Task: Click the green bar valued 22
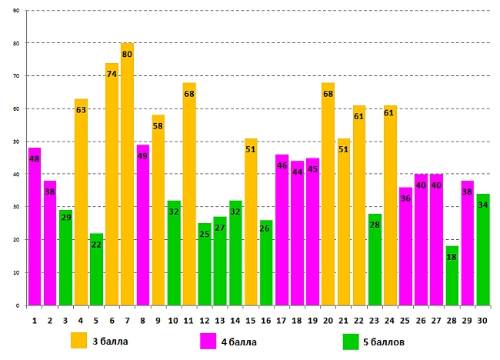96,269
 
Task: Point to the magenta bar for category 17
282,230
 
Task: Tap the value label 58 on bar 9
158,125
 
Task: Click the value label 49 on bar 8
142,156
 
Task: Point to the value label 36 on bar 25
405,198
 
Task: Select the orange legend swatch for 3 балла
79,340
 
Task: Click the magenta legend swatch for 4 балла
208,340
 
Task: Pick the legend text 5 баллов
384,341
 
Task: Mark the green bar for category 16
266,262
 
